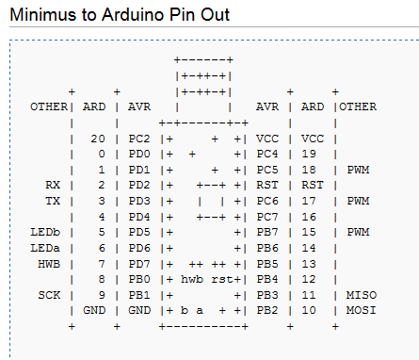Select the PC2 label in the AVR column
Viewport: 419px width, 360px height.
pos(138,139)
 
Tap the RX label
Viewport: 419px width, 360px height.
pos(53,185)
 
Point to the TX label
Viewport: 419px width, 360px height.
pos(53,201)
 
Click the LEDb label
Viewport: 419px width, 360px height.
pos(45,232)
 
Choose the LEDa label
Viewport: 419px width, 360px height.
pos(45,247)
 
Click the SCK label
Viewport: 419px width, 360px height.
pos(49,294)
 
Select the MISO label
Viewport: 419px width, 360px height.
pos(362,294)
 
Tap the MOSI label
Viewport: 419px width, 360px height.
pos(362,309)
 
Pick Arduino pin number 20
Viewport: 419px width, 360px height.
pos(97,139)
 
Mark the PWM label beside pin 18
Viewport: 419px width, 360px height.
pos(358,170)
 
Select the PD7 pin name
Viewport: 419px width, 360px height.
pos(138,263)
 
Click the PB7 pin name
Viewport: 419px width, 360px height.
pos(267,232)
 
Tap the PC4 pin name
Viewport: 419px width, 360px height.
pos(267,154)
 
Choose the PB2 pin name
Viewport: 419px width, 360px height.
pos(267,309)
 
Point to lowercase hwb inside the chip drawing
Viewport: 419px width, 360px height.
pos(192,279)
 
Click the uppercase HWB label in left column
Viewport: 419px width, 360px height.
pos(49,263)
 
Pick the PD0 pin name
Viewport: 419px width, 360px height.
pos(138,154)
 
